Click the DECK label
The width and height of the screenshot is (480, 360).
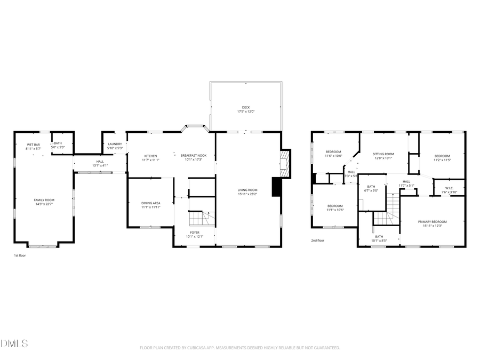pos(245,107)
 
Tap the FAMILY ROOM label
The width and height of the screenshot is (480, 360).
pos(44,200)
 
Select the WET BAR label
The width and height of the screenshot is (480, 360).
pos(34,145)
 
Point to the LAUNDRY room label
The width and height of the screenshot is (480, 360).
pos(115,144)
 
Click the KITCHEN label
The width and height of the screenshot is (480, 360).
pos(150,156)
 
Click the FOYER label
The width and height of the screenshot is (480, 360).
pos(195,233)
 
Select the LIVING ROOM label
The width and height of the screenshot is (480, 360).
pos(247,190)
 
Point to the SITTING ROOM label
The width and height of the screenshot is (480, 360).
pos(383,154)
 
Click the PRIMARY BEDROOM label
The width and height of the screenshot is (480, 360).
pos(432,221)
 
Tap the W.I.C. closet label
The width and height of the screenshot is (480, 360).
pos(449,188)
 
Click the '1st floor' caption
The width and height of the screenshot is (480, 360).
pos(20,255)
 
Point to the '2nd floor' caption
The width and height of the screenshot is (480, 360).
pos(318,240)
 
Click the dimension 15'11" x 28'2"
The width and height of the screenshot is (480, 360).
pos(247,194)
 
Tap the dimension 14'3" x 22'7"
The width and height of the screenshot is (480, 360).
pos(44,204)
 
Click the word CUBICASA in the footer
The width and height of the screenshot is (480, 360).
pos(193,348)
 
